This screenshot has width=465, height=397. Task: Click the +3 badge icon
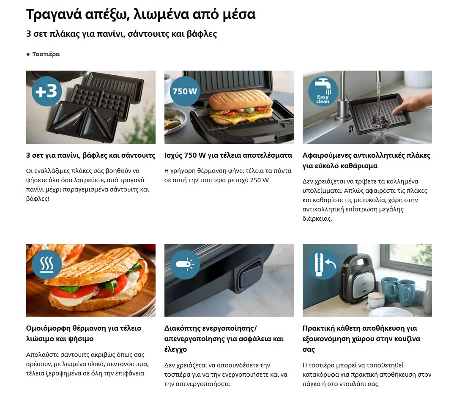[x=46, y=91]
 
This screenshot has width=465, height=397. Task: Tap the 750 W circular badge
[x=185, y=91]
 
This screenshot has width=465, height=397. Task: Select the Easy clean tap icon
[x=323, y=91]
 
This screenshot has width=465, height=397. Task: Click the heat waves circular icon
[x=46, y=264]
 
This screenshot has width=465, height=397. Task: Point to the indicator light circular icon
[x=185, y=264]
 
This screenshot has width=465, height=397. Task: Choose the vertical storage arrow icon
[x=323, y=264]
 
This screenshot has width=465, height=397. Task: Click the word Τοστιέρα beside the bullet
[x=46, y=54]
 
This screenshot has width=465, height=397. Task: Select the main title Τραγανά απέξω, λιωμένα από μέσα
[x=141, y=14]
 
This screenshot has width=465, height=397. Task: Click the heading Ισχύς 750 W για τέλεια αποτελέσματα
[x=228, y=155]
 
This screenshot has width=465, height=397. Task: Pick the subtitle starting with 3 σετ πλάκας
[x=122, y=34]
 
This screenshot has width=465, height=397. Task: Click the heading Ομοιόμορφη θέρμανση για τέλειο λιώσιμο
[x=84, y=333]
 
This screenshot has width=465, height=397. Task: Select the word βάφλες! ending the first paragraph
[x=38, y=199]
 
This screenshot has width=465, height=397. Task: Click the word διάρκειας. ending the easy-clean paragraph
[x=317, y=219]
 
